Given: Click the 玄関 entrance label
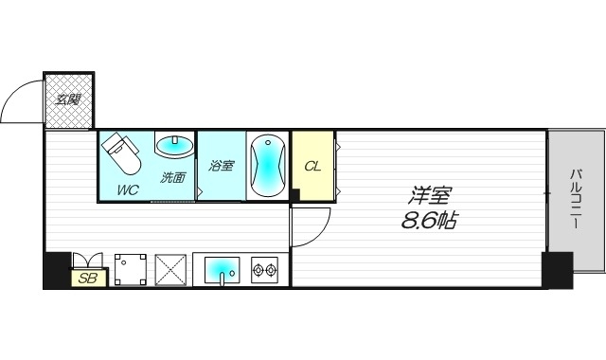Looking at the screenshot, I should tap(67, 97).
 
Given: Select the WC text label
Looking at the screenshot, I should tap(128, 189).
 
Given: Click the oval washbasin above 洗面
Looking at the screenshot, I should tap(173, 147).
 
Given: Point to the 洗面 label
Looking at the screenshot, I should tap(172, 176).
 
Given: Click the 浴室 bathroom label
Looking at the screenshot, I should tap(222, 164).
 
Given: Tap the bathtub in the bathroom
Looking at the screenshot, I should tap(267, 165).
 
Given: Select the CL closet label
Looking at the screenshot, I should tap(312, 166).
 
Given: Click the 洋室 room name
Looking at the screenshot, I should tap(429, 197).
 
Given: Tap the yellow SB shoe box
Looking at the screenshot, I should tap(88, 278).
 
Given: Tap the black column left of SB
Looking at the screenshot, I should tap(57, 269).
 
